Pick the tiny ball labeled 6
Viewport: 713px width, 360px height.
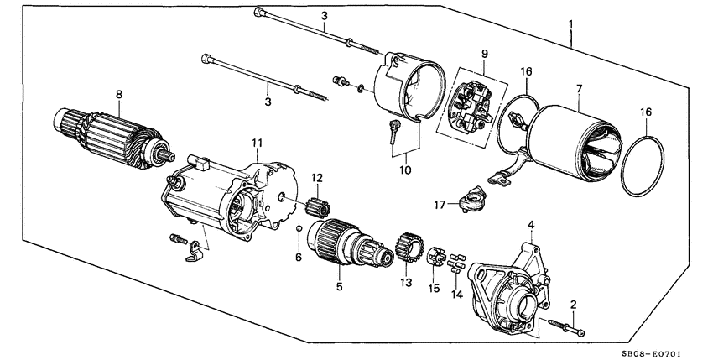[299, 229]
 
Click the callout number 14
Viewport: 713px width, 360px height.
[455, 295]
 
